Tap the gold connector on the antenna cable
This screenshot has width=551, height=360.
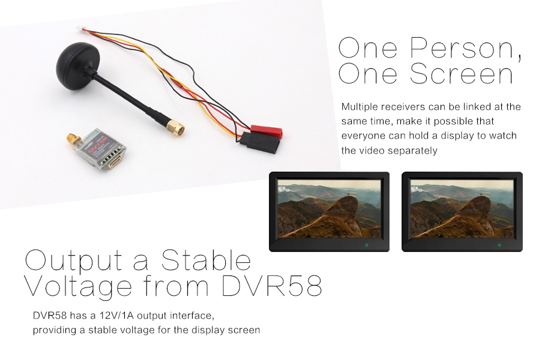pos(175,127)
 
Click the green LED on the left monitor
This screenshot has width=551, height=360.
pos(367,245)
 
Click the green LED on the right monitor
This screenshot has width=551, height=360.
pos(499,245)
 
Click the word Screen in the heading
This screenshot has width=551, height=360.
pos(461,73)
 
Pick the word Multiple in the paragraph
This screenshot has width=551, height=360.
pos(360,107)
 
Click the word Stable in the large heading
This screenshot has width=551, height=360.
pos(206,260)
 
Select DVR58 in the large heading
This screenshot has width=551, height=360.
pos(272,286)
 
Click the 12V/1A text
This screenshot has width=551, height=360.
pos(116,316)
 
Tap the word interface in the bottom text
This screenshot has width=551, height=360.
pos(192,316)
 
